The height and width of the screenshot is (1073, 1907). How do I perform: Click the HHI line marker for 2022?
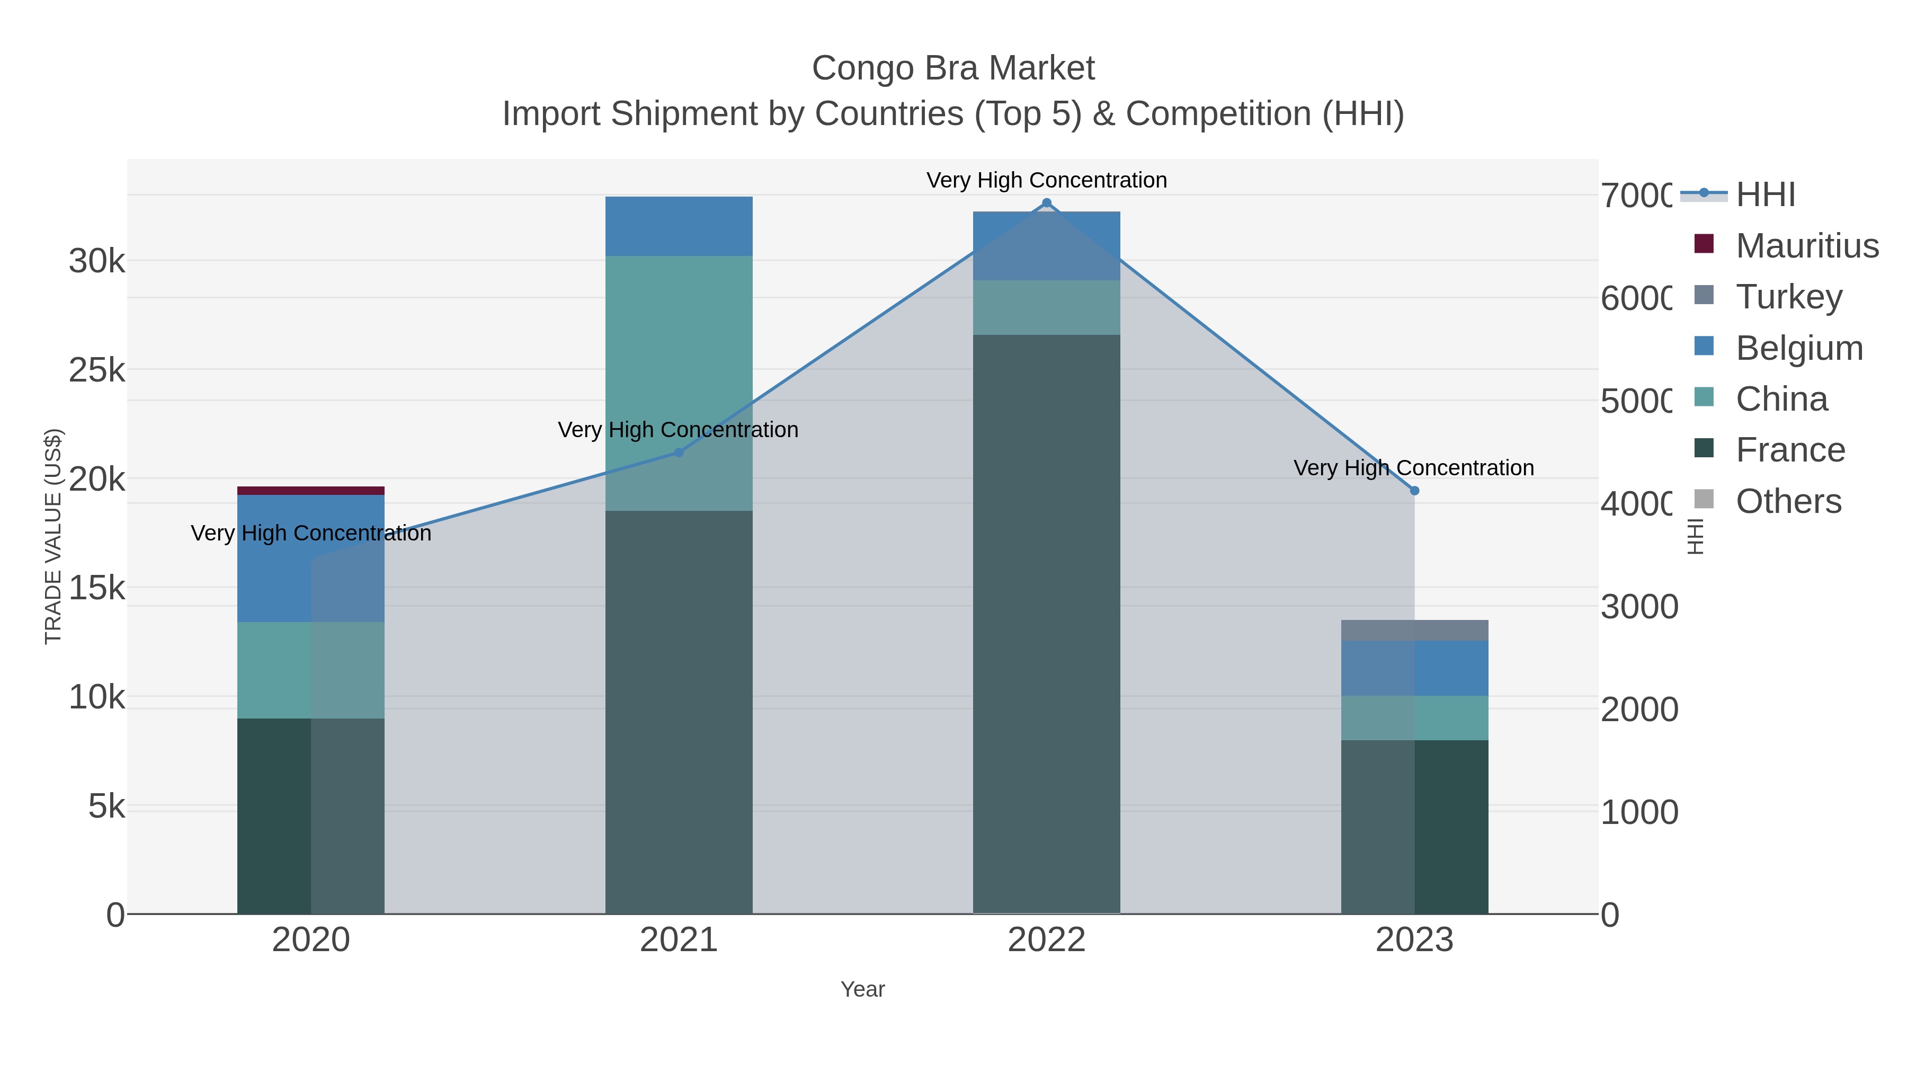pos(1046,203)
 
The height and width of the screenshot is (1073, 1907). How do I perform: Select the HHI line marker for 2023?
pos(1414,490)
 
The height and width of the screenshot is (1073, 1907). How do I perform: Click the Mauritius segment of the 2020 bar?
pos(310,490)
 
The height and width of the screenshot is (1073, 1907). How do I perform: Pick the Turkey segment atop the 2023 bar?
pos(1414,630)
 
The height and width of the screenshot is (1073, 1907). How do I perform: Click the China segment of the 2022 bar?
pos(1046,307)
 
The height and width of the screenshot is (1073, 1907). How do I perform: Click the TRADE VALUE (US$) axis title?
pos(54,536)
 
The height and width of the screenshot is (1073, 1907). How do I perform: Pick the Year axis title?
pos(862,989)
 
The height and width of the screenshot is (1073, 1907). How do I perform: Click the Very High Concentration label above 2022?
pos(1046,180)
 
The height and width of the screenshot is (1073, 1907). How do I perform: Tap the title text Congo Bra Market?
pos(953,68)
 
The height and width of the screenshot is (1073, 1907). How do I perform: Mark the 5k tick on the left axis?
pos(106,806)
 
